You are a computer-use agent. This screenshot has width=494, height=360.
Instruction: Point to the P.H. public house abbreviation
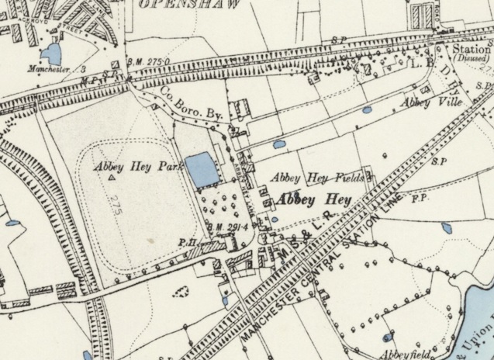pyautogui.click(x=186, y=242)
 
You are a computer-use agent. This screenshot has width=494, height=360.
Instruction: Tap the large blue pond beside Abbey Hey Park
pyautogui.click(x=202, y=169)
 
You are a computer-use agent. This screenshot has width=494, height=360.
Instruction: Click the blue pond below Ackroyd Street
pyautogui.click(x=52, y=53)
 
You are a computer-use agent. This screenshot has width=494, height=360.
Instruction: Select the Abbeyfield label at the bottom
pyautogui.click(x=403, y=355)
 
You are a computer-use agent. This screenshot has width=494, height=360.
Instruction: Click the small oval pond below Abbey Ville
pyautogui.click(x=366, y=110)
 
